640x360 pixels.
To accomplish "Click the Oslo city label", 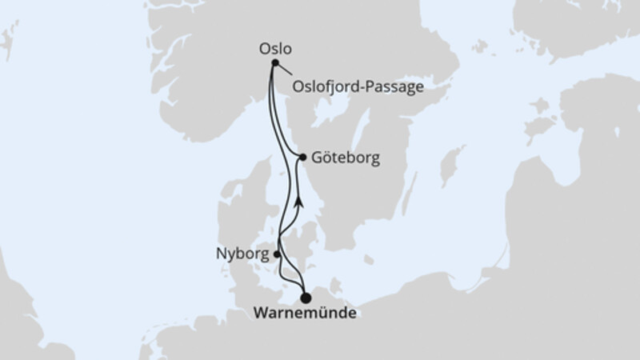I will coord(275,47).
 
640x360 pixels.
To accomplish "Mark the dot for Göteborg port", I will coord(302,158).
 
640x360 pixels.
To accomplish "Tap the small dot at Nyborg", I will coord(277,254).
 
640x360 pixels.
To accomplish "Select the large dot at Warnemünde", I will coord(305,298).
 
